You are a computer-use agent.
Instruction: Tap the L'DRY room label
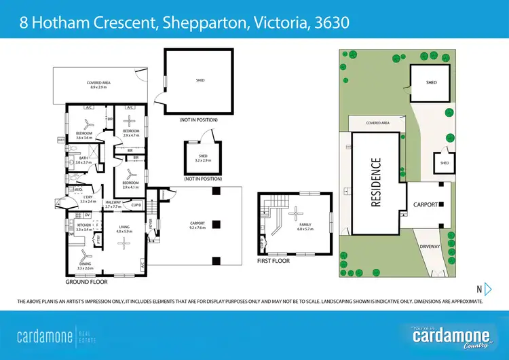click(88, 196)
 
